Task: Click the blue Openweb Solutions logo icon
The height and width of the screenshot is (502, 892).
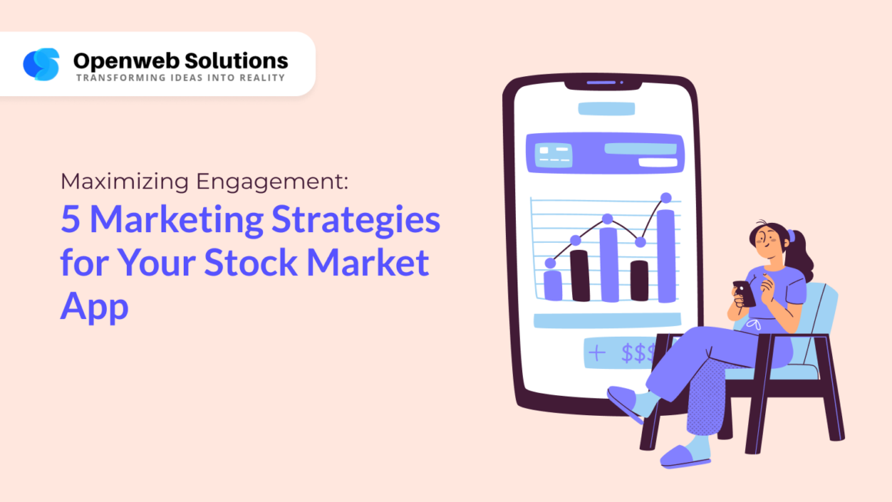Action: point(41,65)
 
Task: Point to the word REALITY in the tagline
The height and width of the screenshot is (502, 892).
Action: point(261,78)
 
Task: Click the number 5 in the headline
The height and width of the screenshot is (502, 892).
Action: point(70,221)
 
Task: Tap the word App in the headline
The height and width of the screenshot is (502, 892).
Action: point(95,307)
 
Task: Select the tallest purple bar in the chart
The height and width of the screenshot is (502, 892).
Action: point(665,255)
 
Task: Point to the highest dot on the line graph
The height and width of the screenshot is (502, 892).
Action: point(666,198)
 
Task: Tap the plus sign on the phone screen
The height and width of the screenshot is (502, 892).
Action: point(597,353)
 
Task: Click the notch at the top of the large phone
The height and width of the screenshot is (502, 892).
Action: point(601,82)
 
